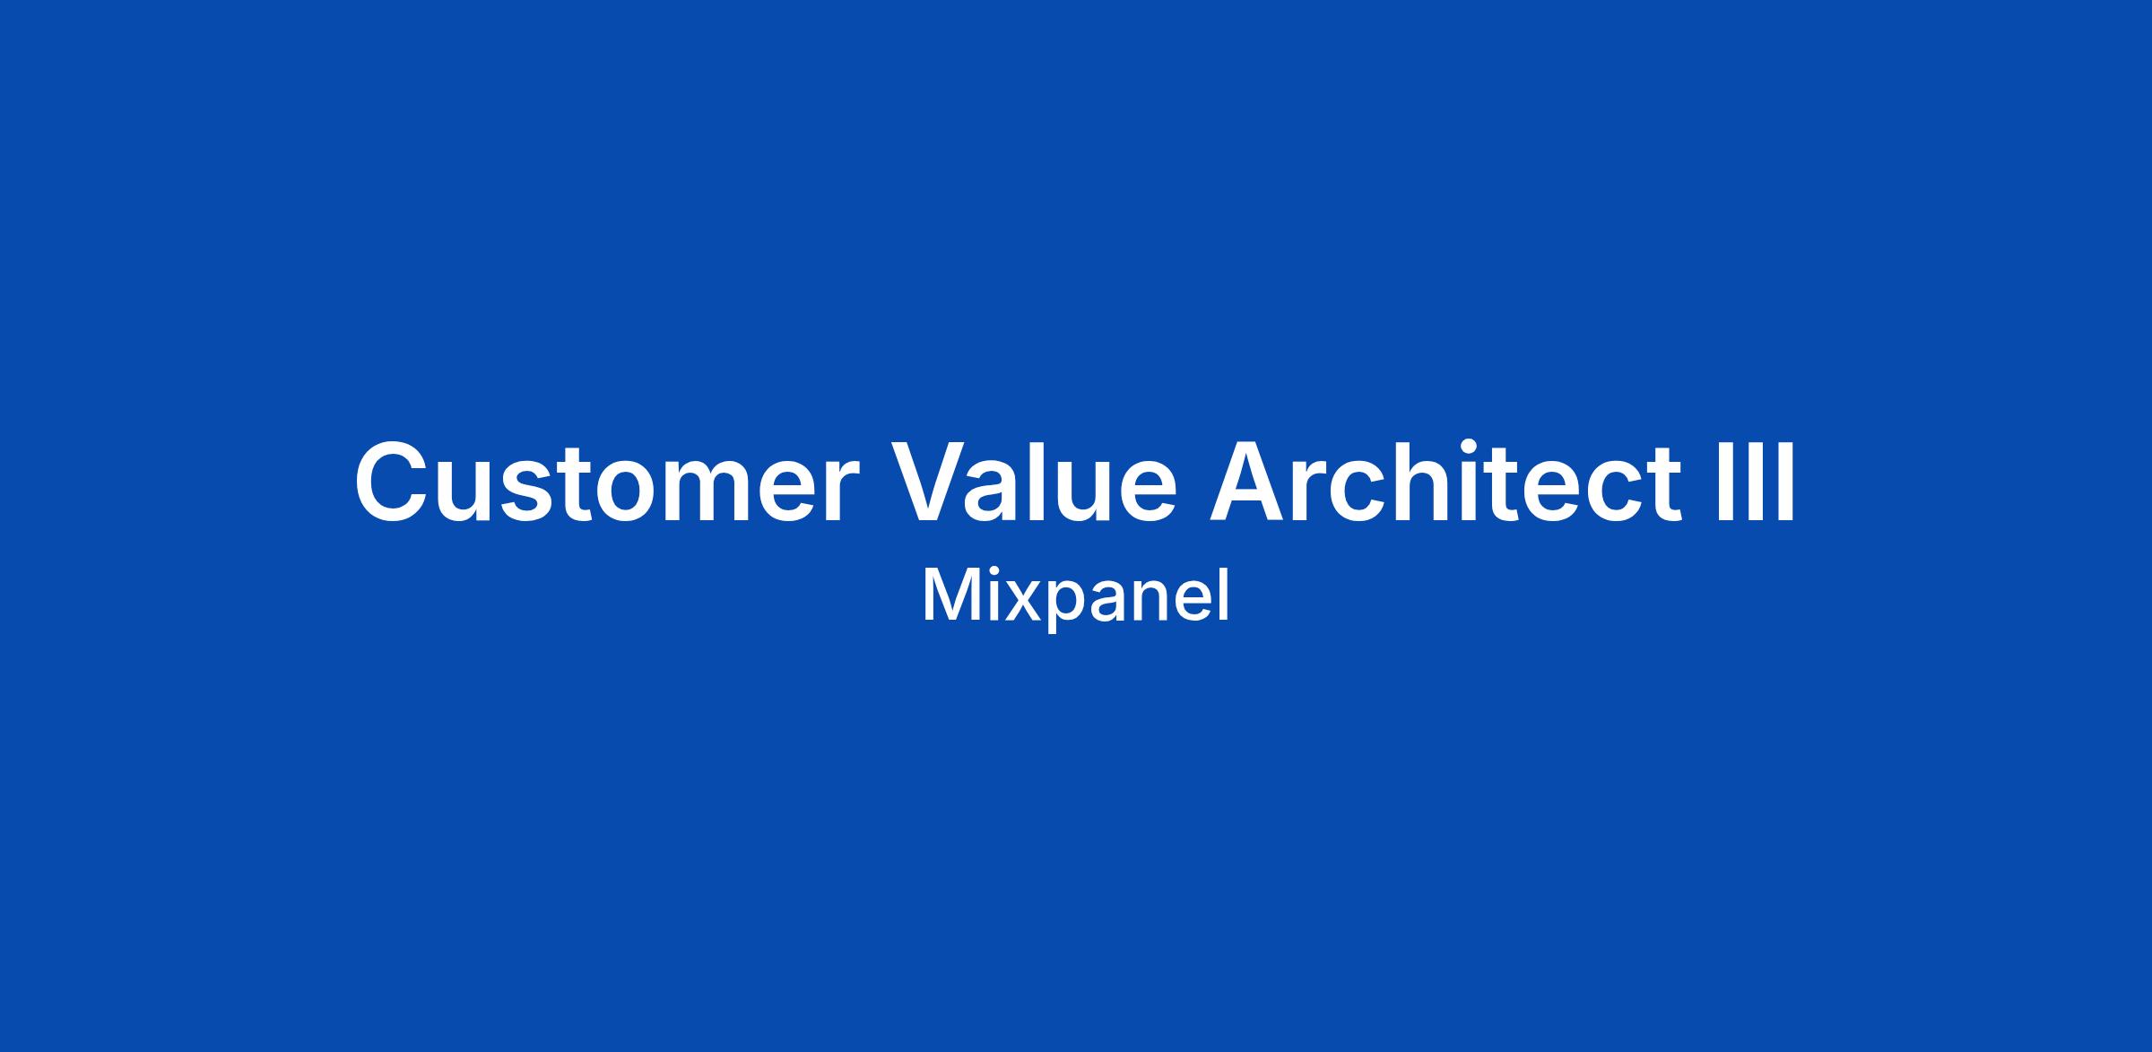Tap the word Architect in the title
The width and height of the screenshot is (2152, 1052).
1446,482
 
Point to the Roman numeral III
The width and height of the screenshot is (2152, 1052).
1756,482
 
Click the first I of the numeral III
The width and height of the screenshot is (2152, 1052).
1724,482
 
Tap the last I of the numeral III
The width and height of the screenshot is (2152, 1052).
1788,482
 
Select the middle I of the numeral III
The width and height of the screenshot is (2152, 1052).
1756,482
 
